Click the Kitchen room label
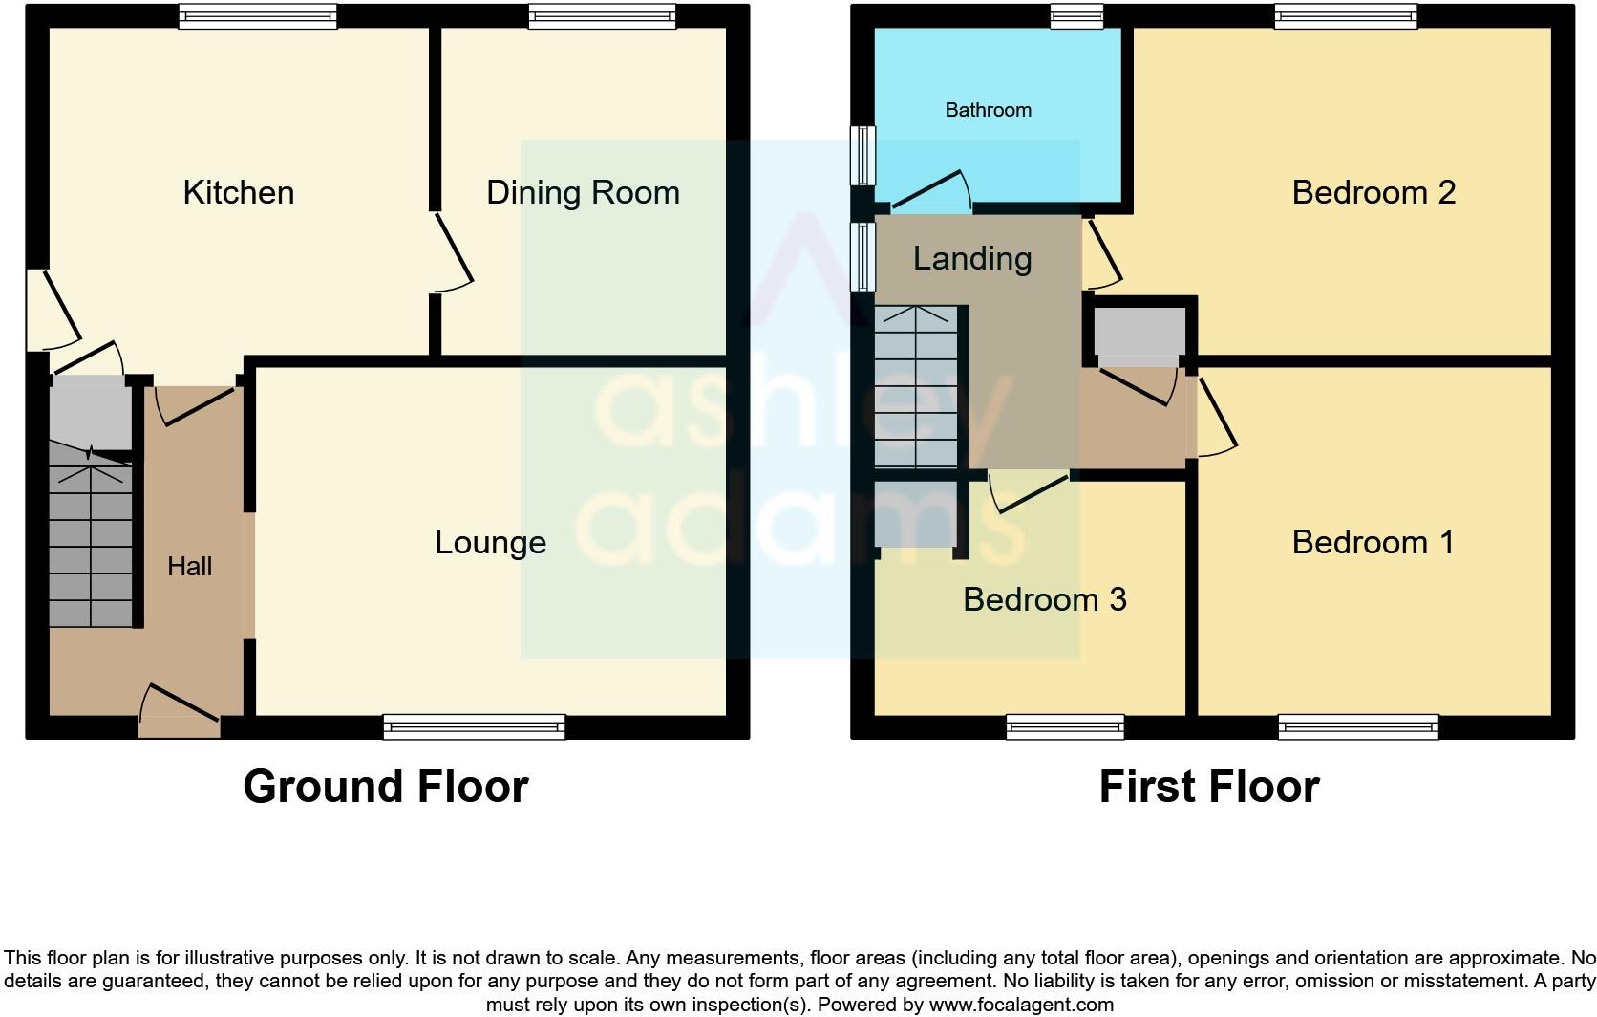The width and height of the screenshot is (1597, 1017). (x=238, y=192)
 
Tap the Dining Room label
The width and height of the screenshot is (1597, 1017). (x=583, y=192)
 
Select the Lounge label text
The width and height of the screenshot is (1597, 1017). (x=490, y=542)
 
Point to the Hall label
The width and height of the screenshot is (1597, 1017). (x=189, y=567)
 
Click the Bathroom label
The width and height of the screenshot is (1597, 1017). (x=988, y=110)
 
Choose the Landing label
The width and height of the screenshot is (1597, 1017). (x=971, y=258)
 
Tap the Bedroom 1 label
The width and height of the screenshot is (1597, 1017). (x=1373, y=542)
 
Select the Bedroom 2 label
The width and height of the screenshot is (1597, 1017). (x=1373, y=192)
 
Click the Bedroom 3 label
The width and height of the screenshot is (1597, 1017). (x=1044, y=599)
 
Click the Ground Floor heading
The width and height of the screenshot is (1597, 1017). (x=385, y=787)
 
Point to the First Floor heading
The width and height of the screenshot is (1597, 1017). (x=1208, y=787)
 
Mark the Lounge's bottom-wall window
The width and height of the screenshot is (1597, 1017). (x=474, y=727)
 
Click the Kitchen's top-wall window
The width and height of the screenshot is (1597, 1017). (x=258, y=15)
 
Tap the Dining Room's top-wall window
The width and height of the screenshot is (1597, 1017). (x=602, y=15)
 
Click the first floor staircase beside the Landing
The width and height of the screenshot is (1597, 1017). (x=915, y=387)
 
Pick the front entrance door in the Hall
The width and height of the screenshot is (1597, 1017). (x=180, y=712)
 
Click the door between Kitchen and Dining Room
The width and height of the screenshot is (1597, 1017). (x=452, y=250)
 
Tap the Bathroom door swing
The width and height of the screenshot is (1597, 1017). (x=931, y=191)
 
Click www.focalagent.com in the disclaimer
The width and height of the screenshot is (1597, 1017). (x=1021, y=1005)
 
